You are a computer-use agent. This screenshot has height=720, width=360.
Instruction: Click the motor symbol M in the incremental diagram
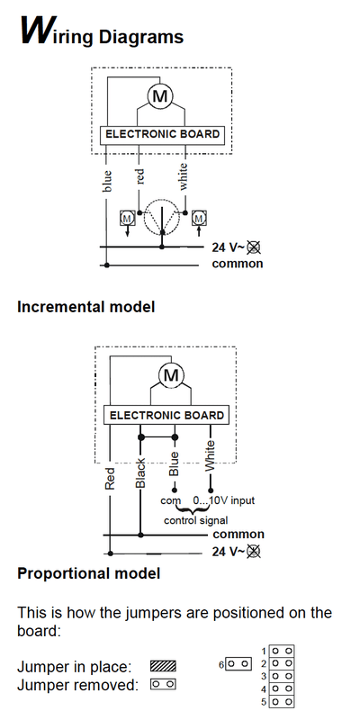coord(160,96)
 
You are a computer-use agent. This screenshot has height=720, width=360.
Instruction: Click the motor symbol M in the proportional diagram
coord(171,375)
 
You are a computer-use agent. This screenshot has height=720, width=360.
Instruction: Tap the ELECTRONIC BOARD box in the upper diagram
coord(163,135)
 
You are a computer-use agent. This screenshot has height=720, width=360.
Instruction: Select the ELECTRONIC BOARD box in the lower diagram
coord(166,416)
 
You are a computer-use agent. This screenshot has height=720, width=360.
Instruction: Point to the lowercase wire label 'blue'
coord(107,181)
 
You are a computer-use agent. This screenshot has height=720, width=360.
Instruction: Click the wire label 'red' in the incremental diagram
coord(139,176)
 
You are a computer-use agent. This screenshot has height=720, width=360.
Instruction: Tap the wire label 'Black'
coord(140,472)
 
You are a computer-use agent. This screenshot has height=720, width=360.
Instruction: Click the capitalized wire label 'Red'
coord(110,478)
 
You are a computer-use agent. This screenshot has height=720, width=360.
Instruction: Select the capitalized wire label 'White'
coord(210,455)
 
